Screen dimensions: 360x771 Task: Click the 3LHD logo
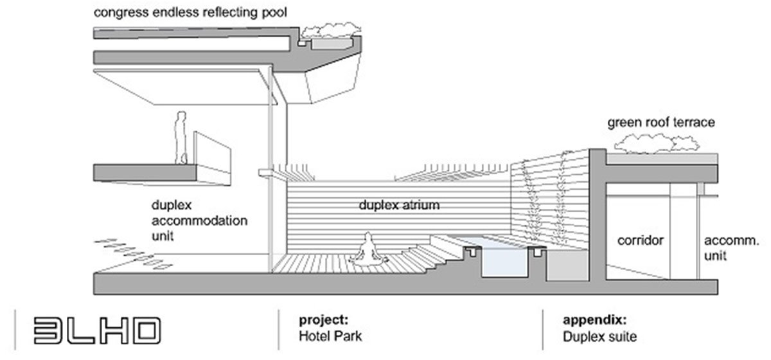[x=95, y=330]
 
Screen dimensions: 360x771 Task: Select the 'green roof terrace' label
[x=660, y=122]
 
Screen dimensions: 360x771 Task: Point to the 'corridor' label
[x=640, y=241]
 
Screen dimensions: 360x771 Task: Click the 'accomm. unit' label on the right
[x=732, y=248]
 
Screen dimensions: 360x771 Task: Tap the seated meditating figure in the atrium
[x=366, y=250]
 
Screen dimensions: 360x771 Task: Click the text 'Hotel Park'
[x=326, y=334]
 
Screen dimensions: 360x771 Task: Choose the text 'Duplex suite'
[x=599, y=334]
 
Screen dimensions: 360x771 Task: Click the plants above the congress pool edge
[x=332, y=32]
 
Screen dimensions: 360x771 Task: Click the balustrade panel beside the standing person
[x=212, y=149]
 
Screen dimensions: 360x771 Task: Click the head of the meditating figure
[x=368, y=237]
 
